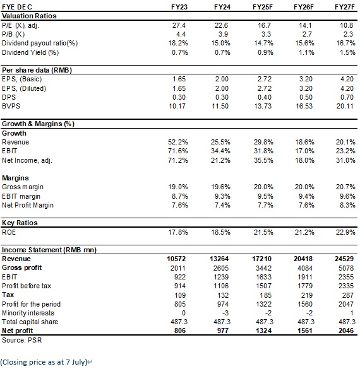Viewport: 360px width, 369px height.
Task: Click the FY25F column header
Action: click(x=263, y=7)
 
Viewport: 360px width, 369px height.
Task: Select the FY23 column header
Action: click(x=179, y=7)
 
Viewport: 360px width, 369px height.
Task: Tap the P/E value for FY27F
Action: click(x=346, y=25)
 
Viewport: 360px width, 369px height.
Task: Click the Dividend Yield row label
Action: click(x=30, y=52)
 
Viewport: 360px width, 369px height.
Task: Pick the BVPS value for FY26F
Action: click(x=304, y=106)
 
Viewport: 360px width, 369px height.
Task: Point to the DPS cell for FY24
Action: click(x=222, y=97)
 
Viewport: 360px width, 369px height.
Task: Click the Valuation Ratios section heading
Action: click(x=29, y=16)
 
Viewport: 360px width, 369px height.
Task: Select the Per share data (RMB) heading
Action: click(x=37, y=70)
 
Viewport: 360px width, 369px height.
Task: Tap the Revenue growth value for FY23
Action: click(x=178, y=142)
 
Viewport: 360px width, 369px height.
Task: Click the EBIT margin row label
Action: click(x=21, y=196)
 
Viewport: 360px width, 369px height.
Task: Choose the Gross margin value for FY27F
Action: click(x=345, y=187)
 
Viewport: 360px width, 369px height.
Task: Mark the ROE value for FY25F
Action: click(x=263, y=232)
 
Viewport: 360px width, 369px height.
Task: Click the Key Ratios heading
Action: click(x=20, y=223)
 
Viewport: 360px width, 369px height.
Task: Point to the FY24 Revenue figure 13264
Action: click(x=219, y=259)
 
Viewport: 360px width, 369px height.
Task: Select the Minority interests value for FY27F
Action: click(x=352, y=313)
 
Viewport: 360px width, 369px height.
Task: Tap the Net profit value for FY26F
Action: click(x=305, y=331)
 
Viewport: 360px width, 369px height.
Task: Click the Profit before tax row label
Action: click(x=27, y=286)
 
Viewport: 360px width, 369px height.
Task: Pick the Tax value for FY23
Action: click(x=180, y=295)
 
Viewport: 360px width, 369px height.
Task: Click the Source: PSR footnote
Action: click(x=21, y=340)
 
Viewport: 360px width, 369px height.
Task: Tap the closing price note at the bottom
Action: click(x=44, y=362)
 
